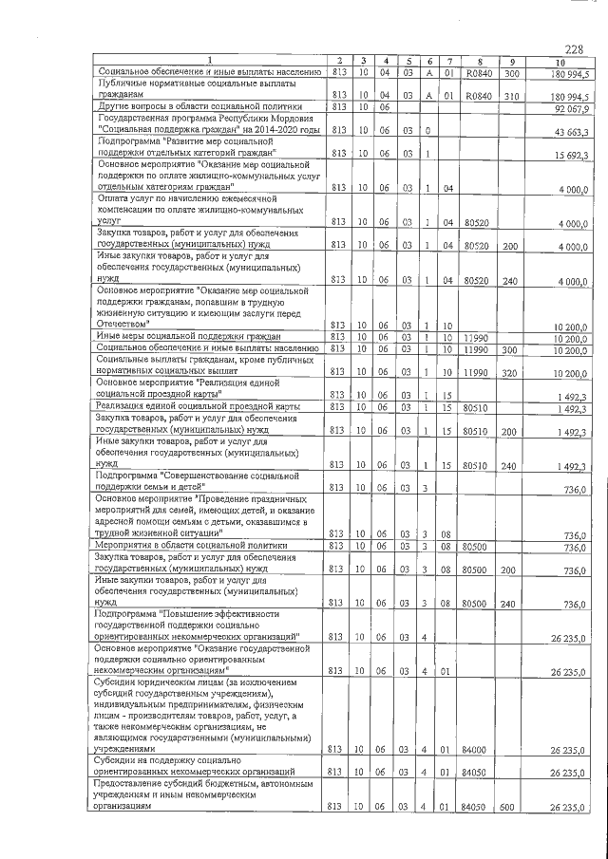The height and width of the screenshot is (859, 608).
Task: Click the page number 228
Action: click(x=573, y=49)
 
